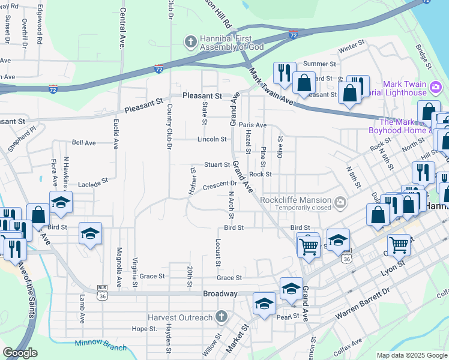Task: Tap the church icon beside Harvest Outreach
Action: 221,317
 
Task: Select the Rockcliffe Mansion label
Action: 296,200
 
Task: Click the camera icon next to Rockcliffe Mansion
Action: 340,202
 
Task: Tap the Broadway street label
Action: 221,294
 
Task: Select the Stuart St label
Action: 217,164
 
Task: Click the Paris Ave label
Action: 253,125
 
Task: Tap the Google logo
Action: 20,353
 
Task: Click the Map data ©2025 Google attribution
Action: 411,355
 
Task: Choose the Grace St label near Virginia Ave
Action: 152,277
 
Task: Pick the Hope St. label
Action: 144,329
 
